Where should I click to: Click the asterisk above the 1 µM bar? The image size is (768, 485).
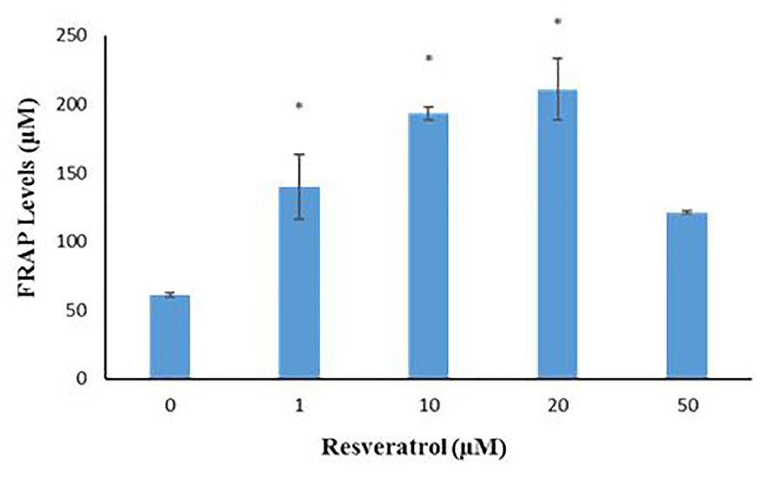298,106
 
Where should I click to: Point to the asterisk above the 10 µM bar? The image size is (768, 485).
428,60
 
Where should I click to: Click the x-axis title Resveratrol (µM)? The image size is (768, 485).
413,449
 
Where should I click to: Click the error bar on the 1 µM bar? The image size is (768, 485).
298,186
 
